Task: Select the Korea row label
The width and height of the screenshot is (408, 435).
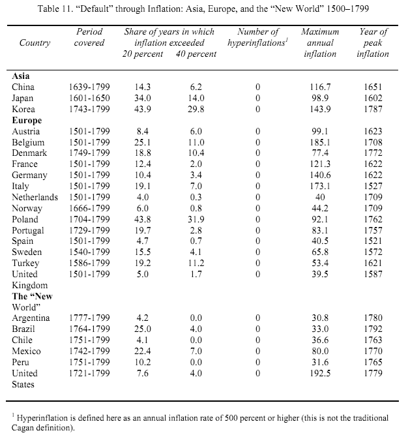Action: click(23, 109)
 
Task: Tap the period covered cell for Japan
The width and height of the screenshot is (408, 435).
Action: click(90, 98)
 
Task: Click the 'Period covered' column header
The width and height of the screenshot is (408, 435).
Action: click(90, 37)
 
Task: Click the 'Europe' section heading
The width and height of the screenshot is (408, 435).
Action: click(27, 120)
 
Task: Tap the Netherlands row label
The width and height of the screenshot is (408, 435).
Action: click(35, 198)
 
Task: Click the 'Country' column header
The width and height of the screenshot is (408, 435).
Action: click(35, 42)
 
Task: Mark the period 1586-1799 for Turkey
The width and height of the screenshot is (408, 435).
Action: click(90, 263)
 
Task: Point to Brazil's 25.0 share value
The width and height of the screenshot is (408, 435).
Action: click(142, 329)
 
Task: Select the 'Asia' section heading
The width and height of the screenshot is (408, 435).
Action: click(22, 76)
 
